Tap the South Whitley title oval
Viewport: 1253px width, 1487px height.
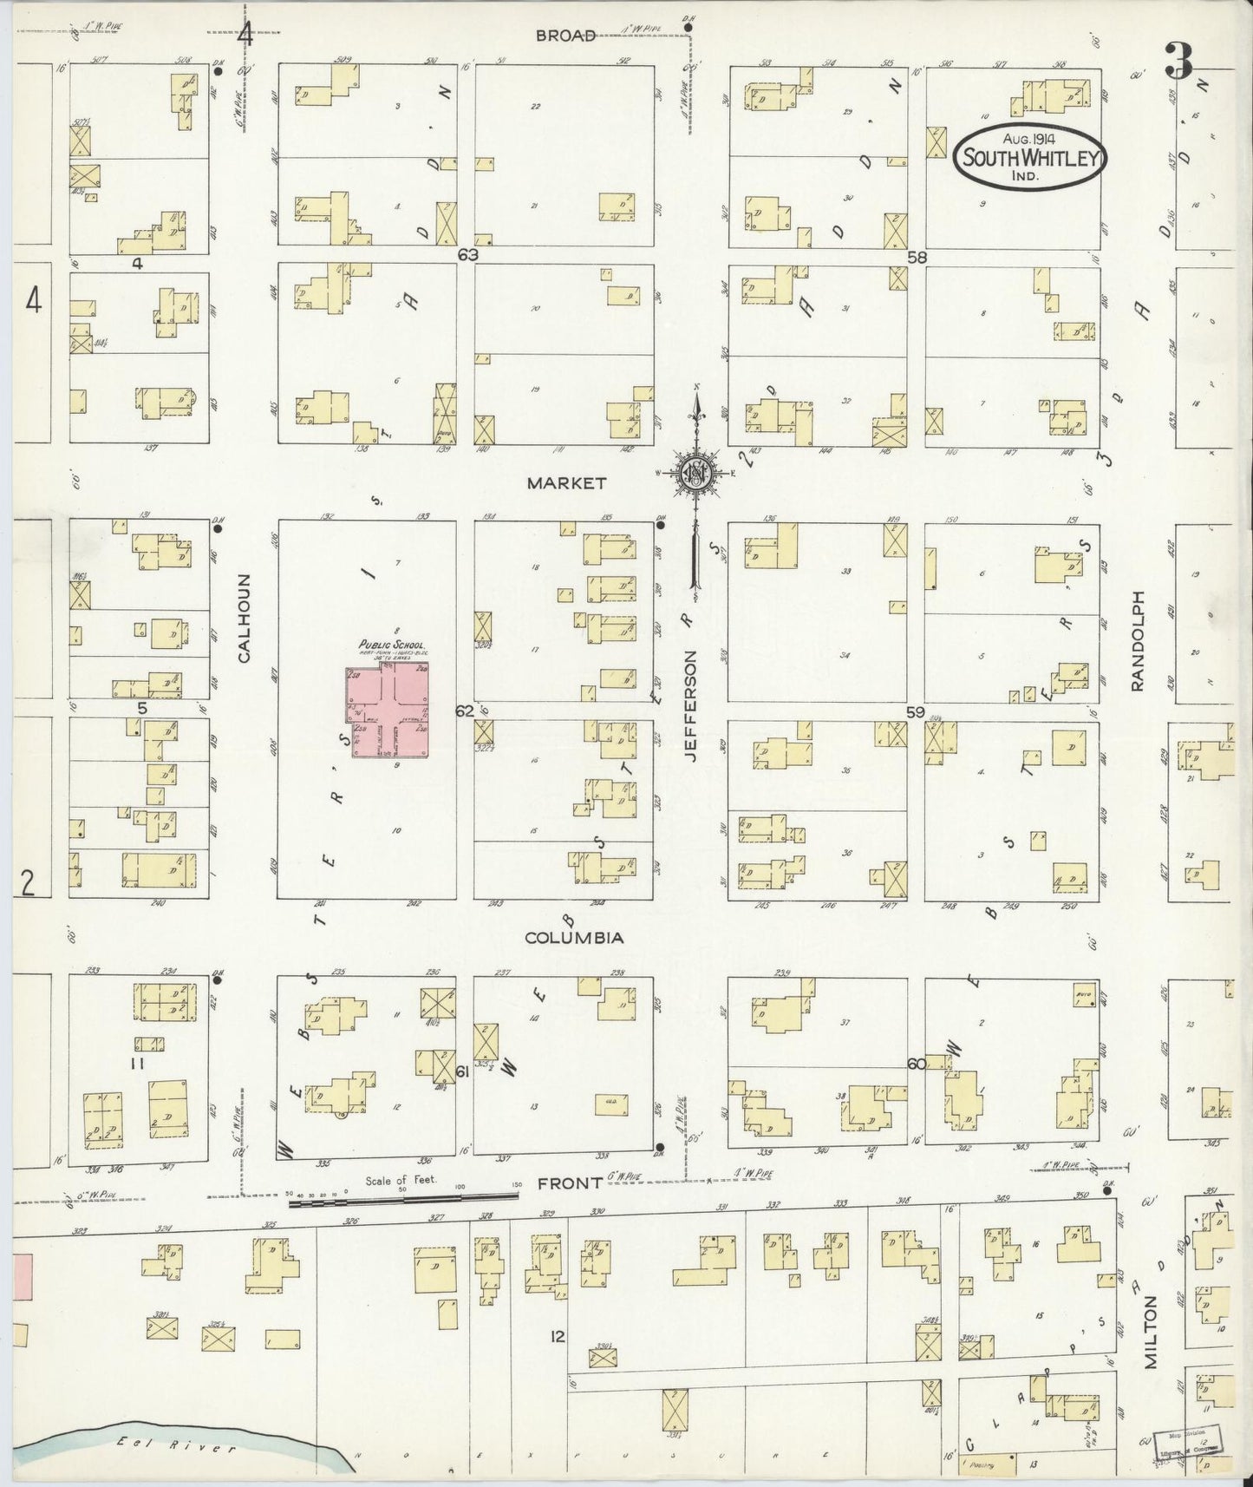click(1029, 158)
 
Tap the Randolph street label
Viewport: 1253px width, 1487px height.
click(1138, 641)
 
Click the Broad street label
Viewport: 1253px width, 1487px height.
click(565, 36)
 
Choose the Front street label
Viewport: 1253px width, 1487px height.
click(570, 1183)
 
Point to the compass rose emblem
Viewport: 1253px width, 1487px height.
click(697, 474)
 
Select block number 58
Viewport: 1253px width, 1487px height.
click(917, 257)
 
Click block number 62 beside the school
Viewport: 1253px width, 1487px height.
click(465, 711)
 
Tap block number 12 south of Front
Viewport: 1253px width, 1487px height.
click(557, 1336)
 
